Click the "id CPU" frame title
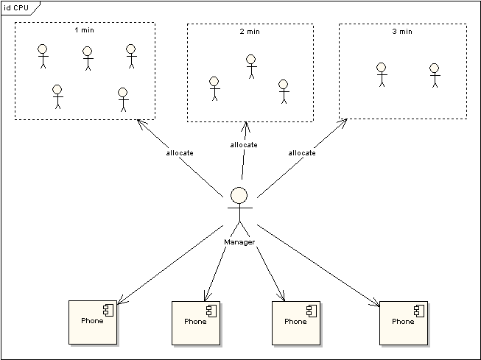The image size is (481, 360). pos(16,7)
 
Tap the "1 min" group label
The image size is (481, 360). pos(85,31)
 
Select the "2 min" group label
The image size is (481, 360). pos(250,32)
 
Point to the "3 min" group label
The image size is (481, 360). pos(402,32)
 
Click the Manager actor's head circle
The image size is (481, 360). pos(239,196)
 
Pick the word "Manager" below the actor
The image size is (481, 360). pos(239,241)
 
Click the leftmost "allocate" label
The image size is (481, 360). pos(180,152)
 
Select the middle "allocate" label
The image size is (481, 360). pos(244,144)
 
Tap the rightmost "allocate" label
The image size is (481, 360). pos(302,152)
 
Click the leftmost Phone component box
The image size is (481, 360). pos(93,322)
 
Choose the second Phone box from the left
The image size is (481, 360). pos(196,322)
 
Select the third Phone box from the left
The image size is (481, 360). pos(296,322)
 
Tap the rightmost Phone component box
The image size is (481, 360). pos(404,322)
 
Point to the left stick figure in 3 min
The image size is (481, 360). pos(382,74)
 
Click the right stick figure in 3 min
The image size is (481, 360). pos(435,75)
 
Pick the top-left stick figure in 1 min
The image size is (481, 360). pos(42,56)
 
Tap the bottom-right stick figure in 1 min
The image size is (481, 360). pos(123,99)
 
